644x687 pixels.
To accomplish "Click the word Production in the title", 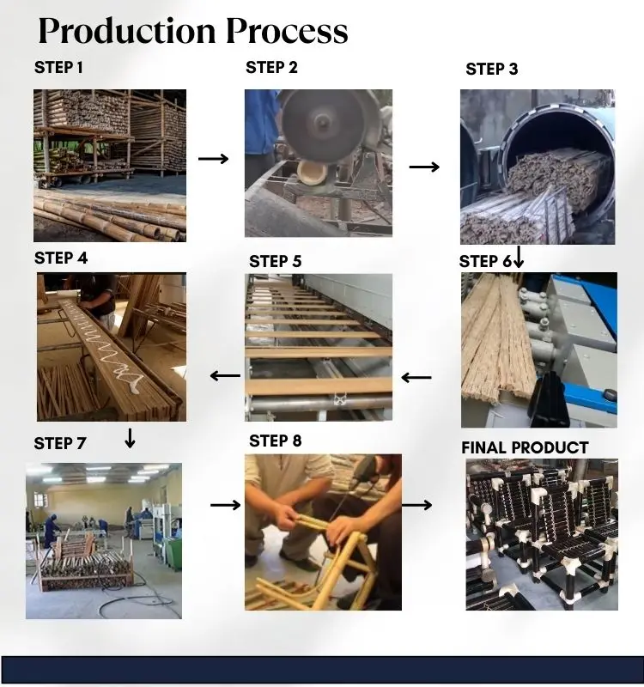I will (x=126, y=31).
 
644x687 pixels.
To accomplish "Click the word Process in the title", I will (x=287, y=31).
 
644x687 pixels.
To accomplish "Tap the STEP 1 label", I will (x=59, y=67).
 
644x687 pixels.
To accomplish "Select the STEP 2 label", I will (x=271, y=68).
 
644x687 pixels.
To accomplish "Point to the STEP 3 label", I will (x=492, y=70).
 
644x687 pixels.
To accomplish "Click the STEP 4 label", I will (x=61, y=258).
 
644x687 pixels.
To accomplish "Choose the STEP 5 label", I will (x=276, y=261).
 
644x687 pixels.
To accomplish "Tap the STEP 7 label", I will (x=60, y=443).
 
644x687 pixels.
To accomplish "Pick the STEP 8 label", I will (x=276, y=441).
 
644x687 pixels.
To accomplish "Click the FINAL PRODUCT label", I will (x=525, y=447).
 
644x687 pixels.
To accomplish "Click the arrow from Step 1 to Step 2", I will (x=214, y=159).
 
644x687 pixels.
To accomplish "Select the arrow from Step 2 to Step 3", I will (x=424, y=167).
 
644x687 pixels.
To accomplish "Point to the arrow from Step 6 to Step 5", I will (x=416, y=377).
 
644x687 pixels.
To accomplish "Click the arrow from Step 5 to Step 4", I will (x=226, y=375).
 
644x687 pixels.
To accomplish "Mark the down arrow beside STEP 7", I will (x=131, y=438).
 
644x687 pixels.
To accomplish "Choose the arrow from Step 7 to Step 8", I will (x=225, y=505).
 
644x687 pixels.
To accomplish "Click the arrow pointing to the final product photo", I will (x=417, y=505).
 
